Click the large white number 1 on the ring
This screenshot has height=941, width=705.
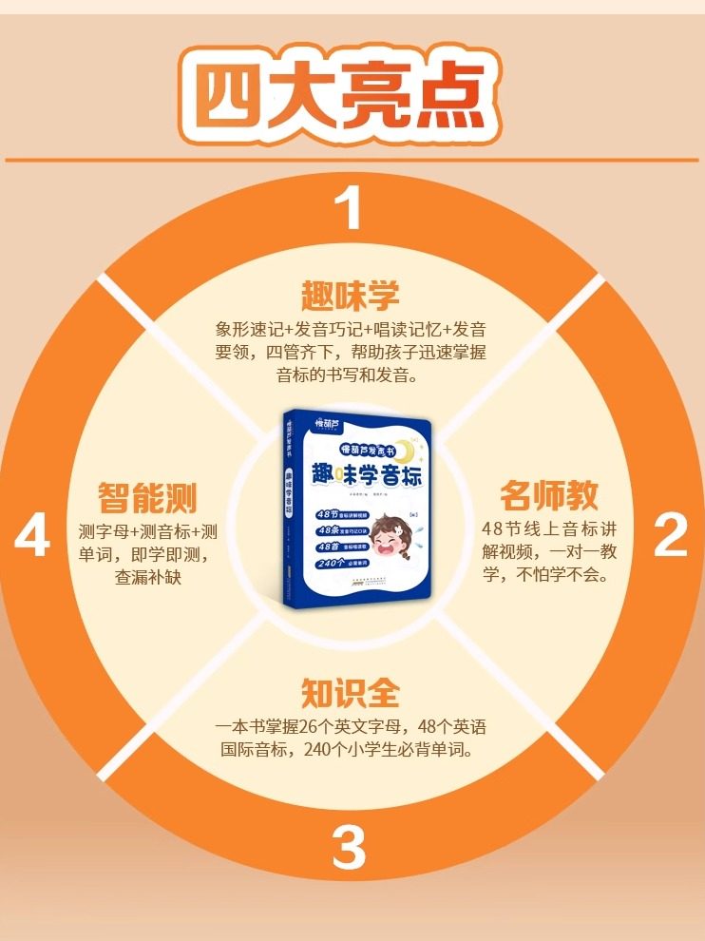coord(352,207)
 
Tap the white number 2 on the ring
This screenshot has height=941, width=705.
coord(670,537)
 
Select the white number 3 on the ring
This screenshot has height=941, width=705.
coord(349,848)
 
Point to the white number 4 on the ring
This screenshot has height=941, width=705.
coord(32,538)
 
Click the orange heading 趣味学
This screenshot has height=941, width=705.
coord(351,293)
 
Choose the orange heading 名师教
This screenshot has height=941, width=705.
coord(549,496)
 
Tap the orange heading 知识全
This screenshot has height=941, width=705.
coord(351,692)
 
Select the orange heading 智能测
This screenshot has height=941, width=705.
coord(147,496)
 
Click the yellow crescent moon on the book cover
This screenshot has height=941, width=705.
coord(405,447)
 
